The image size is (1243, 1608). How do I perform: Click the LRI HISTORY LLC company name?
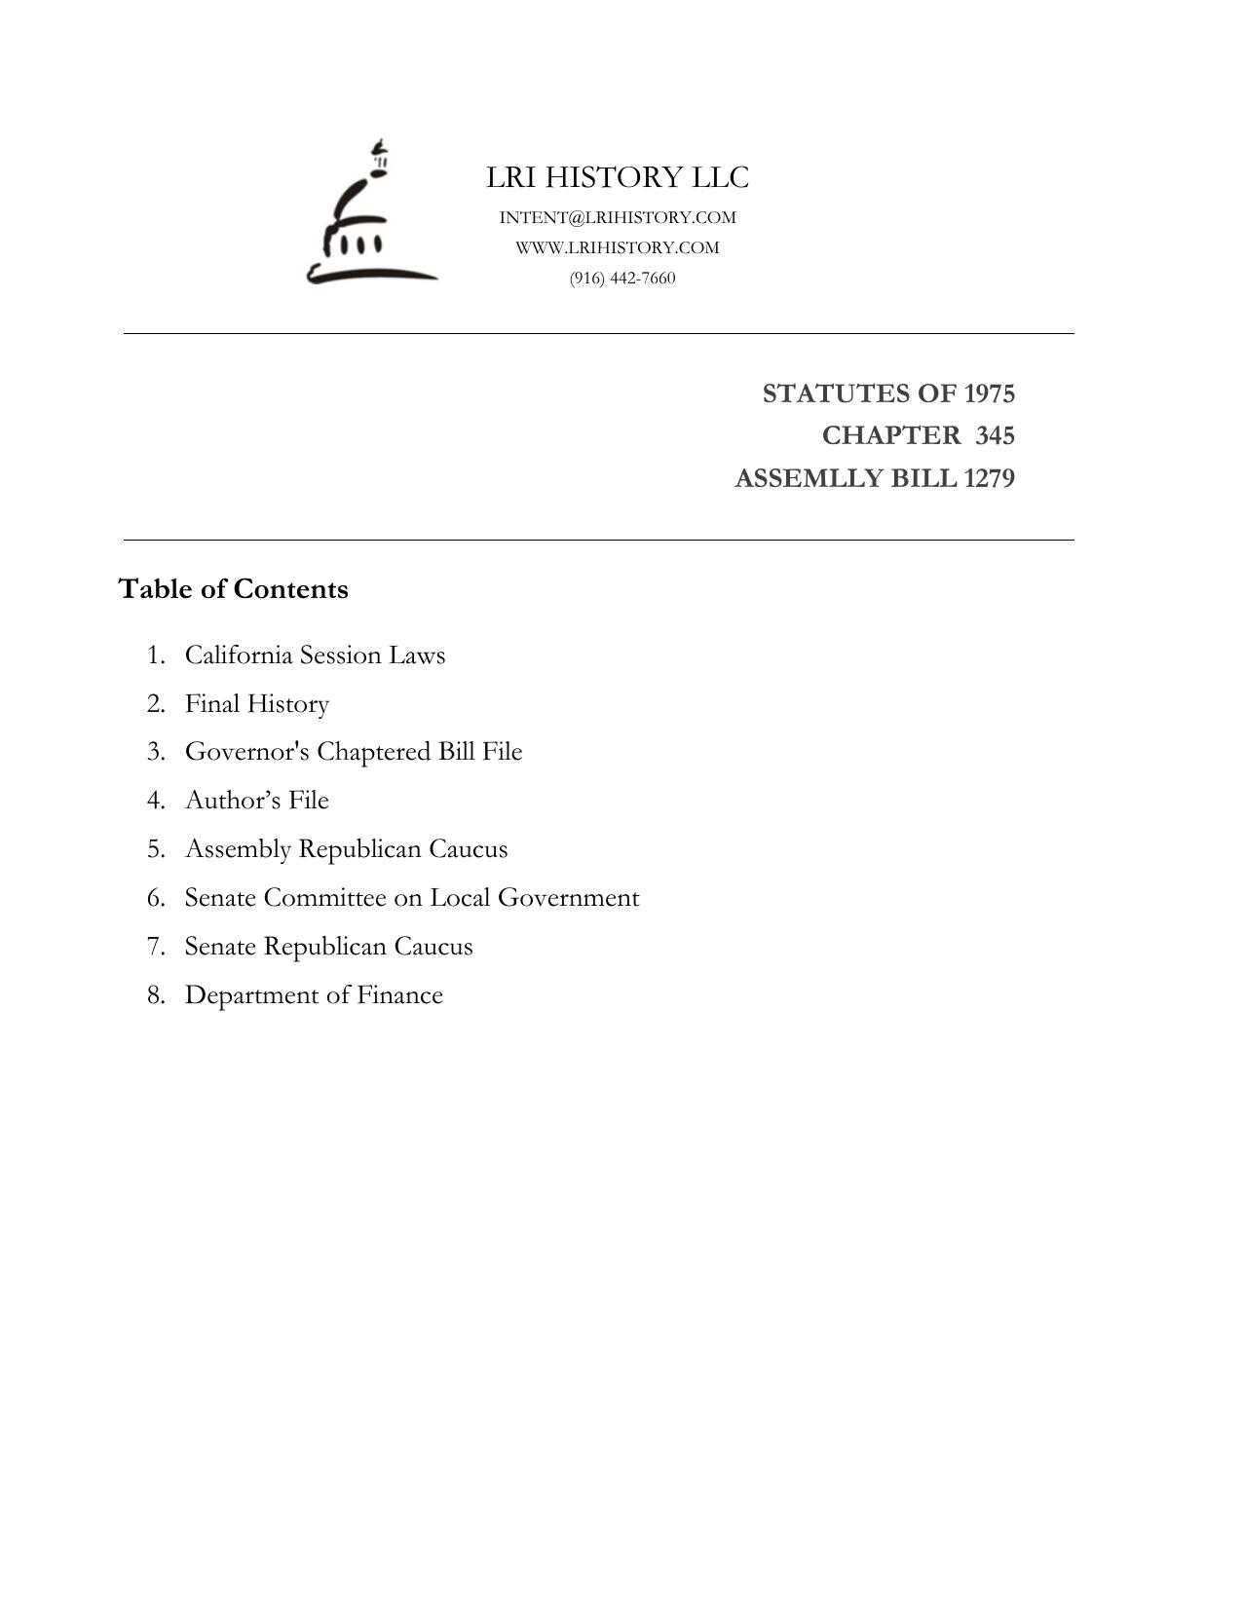pyautogui.click(x=618, y=178)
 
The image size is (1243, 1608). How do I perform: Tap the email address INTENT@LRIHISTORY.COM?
pyautogui.click(x=618, y=217)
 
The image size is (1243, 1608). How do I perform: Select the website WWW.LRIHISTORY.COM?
pyautogui.click(x=618, y=247)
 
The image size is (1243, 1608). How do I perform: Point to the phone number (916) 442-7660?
pyautogui.click(x=622, y=279)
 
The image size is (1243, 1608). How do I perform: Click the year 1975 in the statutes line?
pyautogui.click(x=989, y=393)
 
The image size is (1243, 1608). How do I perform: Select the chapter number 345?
pyautogui.click(x=995, y=435)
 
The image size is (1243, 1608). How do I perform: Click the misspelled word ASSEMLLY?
pyautogui.click(x=797, y=479)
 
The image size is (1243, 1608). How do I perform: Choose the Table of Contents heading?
pyautogui.click(x=233, y=589)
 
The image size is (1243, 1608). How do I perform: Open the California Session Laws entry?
pyautogui.click(x=315, y=655)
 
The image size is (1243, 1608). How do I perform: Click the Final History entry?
pyautogui.click(x=257, y=704)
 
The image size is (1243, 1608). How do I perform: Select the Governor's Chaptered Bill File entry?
pyautogui.click(x=354, y=752)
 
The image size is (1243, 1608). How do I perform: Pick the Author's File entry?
pyautogui.click(x=257, y=801)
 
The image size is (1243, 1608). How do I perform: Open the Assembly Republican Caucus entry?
pyautogui.click(x=346, y=849)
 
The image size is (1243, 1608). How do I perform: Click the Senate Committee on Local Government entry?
pyautogui.click(x=412, y=898)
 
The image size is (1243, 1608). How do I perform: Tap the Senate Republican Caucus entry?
pyautogui.click(x=328, y=947)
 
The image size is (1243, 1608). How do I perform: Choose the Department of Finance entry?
pyautogui.click(x=314, y=995)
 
